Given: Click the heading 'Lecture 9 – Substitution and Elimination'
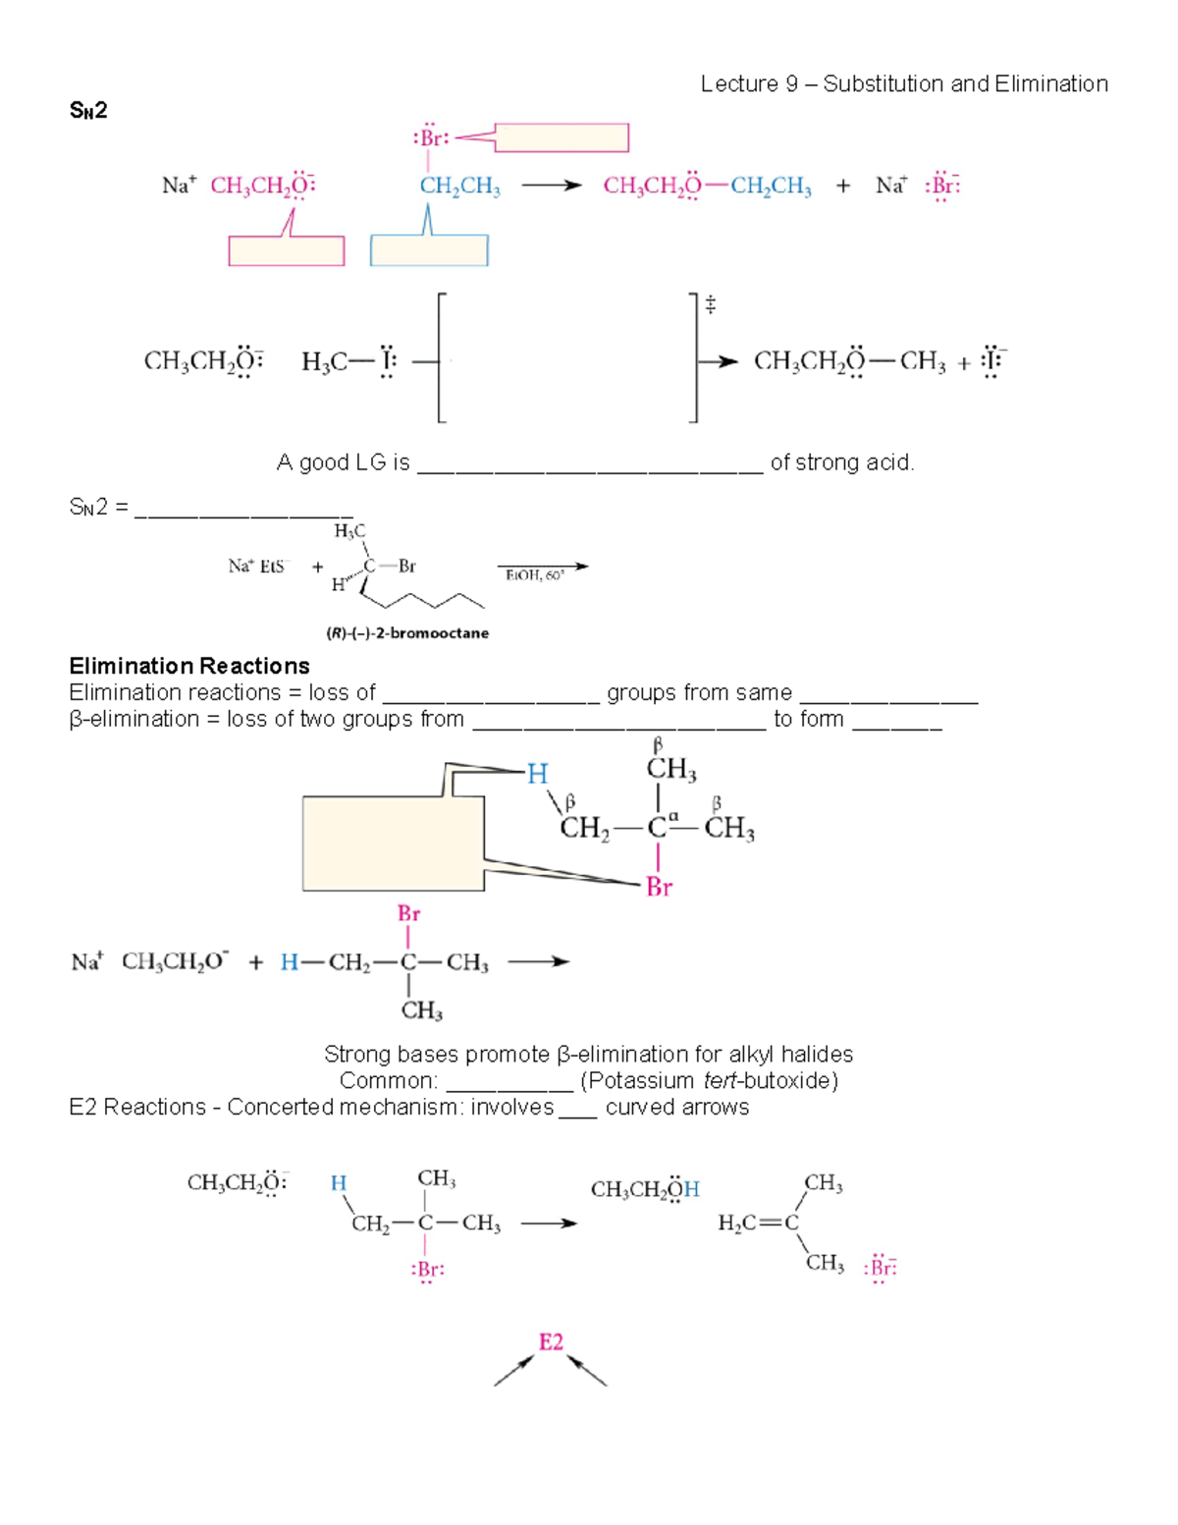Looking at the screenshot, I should pyautogui.click(x=904, y=84).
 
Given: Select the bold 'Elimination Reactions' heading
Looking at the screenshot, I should pyautogui.click(x=189, y=666).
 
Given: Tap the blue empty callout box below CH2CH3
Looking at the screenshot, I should pyautogui.click(x=429, y=250).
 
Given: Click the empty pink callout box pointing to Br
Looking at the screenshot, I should pyautogui.click(x=562, y=137).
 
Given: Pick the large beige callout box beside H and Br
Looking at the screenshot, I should pyautogui.click(x=393, y=843).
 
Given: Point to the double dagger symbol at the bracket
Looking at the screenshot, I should pyautogui.click(x=711, y=305).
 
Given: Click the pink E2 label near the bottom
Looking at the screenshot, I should pyautogui.click(x=551, y=1342).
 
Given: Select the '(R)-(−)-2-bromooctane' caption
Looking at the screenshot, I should pyautogui.click(x=407, y=633).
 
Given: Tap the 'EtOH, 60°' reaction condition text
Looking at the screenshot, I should pyautogui.click(x=535, y=575).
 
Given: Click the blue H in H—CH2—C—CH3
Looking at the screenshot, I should pyautogui.click(x=289, y=962).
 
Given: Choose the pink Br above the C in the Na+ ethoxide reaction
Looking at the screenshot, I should pyautogui.click(x=408, y=913).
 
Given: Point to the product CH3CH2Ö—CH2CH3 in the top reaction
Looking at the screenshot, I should pyautogui.click(x=707, y=187).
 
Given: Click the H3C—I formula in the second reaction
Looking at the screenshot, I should pyautogui.click(x=348, y=362).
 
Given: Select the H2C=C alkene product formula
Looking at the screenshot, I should pyautogui.click(x=758, y=1223).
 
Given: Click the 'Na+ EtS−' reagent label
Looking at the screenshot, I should pyautogui.click(x=258, y=567).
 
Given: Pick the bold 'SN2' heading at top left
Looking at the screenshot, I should pyautogui.click(x=88, y=111).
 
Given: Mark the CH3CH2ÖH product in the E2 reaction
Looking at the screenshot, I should pyautogui.click(x=645, y=1190).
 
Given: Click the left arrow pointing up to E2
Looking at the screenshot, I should pyautogui.click(x=512, y=1372).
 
